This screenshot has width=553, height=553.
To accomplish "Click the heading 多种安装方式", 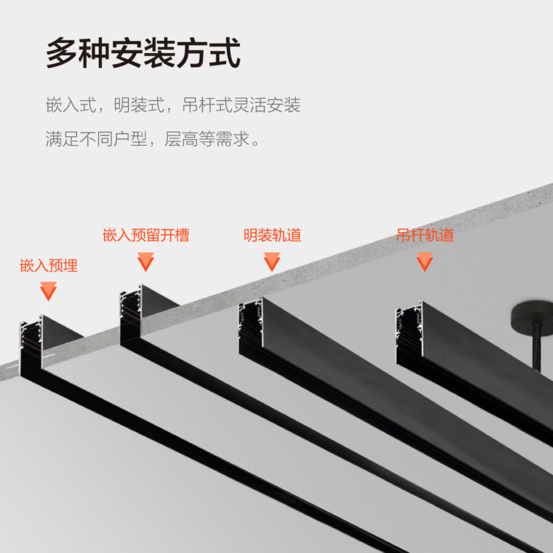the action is click(x=143, y=54).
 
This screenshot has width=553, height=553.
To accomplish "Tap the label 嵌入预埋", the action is click(x=48, y=265).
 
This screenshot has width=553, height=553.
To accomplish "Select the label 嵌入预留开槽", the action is click(x=146, y=235).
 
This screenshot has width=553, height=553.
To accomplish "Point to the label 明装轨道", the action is click(x=272, y=235).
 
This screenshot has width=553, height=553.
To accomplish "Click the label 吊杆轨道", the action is click(x=425, y=235).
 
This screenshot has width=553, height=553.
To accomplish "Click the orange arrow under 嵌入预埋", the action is click(x=48, y=291).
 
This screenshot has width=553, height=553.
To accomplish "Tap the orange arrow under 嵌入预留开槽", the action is click(x=145, y=261).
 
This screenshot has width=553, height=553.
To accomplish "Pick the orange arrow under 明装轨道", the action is click(x=272, y=261).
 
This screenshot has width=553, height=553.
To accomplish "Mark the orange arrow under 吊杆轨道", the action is click(x=424, y=261).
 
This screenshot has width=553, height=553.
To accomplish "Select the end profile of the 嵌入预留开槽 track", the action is click(x=131, y=315).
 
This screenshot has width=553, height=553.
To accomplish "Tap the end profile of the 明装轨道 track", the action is click(x=251, y=325).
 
